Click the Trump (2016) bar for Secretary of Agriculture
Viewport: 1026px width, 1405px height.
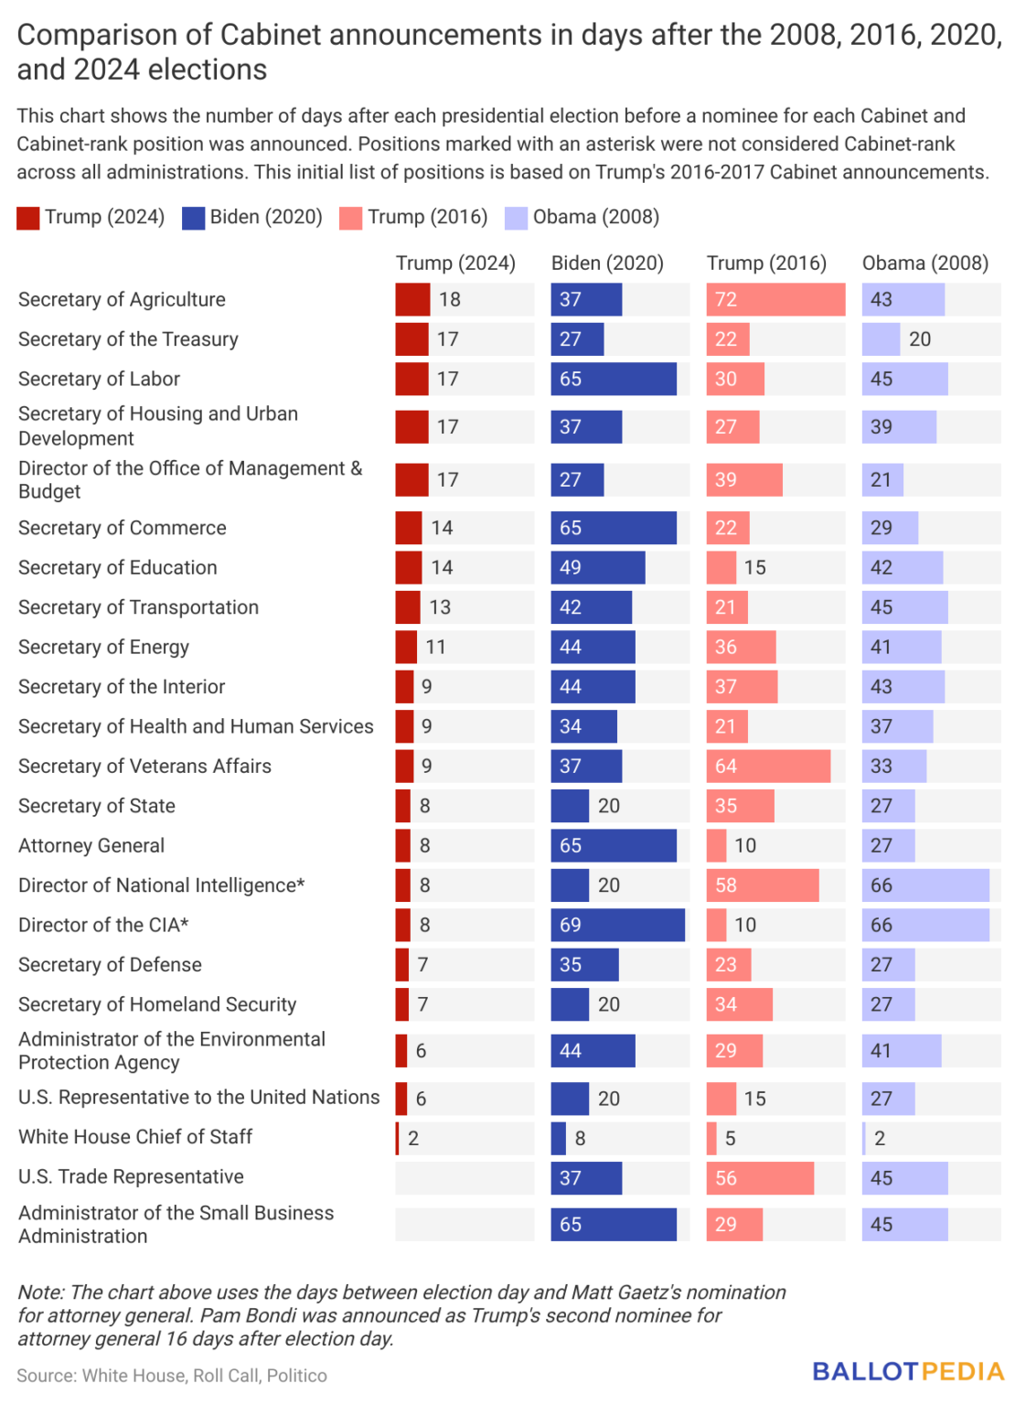click(x=775, y=300)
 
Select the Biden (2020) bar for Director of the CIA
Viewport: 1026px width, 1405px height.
click(x=617, y=925)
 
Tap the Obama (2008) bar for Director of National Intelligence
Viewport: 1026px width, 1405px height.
click(x=925, y=885)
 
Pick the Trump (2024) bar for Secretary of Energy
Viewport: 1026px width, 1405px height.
click(x=406, y=648)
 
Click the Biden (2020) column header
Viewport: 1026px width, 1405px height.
click(x=607, y=263)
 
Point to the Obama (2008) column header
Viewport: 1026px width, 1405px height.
click(x=925, y=263)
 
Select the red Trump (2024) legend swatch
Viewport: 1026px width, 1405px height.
click(x=28, y=218)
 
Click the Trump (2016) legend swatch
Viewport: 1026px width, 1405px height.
click(x=350, y=218)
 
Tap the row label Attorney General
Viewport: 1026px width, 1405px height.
click(x=91, y=846)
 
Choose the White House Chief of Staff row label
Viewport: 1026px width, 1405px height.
click(x=135, y=1137)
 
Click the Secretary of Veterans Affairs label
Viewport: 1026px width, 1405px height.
click(x=144, y=767)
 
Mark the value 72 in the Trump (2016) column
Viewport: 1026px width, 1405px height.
click(x=726, y=300)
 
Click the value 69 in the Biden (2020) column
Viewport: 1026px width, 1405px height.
click(x=571, y=925)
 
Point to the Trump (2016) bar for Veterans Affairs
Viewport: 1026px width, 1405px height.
click(x=768, y=767)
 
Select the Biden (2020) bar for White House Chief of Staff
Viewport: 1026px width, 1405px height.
click(x=559, y=1138)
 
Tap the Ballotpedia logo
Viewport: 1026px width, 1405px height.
click(x=908, y=1371)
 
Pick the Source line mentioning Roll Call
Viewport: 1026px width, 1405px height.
click(x=172, y=1376)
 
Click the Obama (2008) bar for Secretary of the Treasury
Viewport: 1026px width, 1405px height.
click(x=881, y=339)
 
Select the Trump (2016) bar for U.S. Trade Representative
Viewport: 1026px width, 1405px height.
click(x=760, y=1178)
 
